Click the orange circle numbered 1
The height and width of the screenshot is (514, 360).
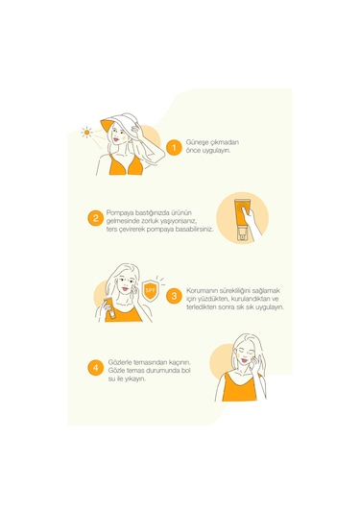click(174, 148)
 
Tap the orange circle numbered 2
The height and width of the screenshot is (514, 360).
click(96, 218)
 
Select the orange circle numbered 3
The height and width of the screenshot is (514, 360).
click(174, 296)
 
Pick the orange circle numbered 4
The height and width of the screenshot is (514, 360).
click(96, 367)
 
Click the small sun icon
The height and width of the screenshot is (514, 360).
click(86, 133)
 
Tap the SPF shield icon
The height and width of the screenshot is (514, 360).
click(151, 290)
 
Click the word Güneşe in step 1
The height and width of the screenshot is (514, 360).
click(196, 142)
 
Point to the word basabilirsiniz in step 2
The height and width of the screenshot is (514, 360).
click(194, 229)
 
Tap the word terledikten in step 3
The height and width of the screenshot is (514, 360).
click(202, 307)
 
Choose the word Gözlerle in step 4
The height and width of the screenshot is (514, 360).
click(120, 362)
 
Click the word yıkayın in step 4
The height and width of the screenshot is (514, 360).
click(135, 379)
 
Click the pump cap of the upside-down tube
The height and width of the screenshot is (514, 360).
click(242, 234)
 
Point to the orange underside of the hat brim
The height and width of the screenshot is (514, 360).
click(107, 128)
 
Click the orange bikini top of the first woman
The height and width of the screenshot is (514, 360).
click(126, 165)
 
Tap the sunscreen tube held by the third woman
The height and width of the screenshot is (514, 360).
click(110, 308)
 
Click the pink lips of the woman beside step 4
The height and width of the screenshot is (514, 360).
click(244, 360)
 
